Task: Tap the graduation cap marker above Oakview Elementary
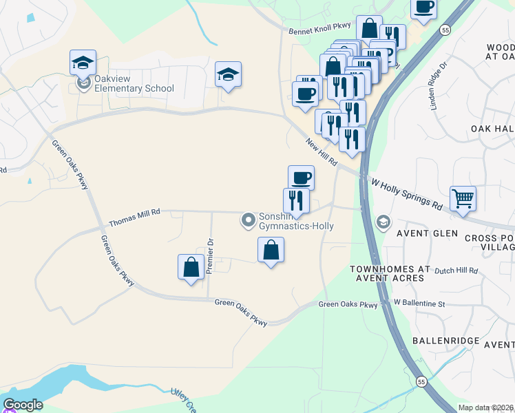(x=83, y=64)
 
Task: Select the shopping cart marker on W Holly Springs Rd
(x=463, y=198)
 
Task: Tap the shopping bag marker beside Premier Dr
(x=191, y=267)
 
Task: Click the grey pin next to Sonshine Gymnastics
(x=248, y=220)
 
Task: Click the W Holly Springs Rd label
(x=406, y=195)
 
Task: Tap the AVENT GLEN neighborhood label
(x=427, y=233)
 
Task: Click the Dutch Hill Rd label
(x=456, y=271)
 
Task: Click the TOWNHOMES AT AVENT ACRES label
(x=390, y=273)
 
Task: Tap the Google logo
(x=23, y=405)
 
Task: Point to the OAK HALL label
(x=492, y=129)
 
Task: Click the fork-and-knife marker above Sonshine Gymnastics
(x=296, y=200)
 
